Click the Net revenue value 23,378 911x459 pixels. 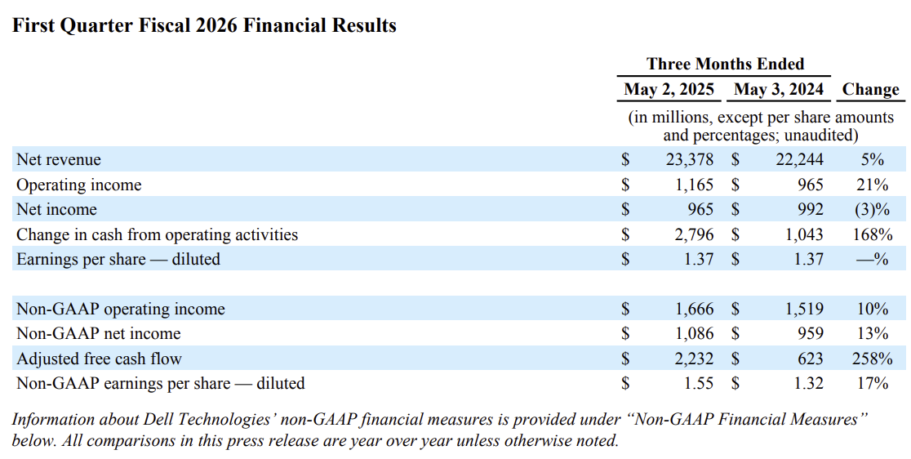click(x=689, y=160)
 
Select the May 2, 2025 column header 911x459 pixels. click(x=669, y=90)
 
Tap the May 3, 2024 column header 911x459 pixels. click(x=779, y=90)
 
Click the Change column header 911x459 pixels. click(x=870, y=90)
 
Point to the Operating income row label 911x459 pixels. click(x=79, y=185)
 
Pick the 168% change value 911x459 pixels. click(x=872, y=234)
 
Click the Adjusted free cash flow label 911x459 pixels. click(x=99, y=359)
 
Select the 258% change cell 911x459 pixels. click(x=872, y=359)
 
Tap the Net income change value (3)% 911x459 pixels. click(x=872, y=210)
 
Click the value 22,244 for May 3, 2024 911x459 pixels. click(x=799, y=160)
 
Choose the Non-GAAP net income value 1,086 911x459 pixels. click(x=695, y=333)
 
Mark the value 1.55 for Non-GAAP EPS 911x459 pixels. click(x=698, y=384)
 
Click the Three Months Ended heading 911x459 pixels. click(x=726, y=64)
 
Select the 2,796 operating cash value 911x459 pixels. click(x=695, y=234)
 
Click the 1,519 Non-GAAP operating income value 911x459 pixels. click(x=805, y=309)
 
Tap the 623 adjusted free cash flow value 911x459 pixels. click(x=811, y=359)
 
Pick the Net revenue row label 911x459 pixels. click(x=59, y=160)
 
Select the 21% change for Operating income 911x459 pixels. click(x=872, y=185)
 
